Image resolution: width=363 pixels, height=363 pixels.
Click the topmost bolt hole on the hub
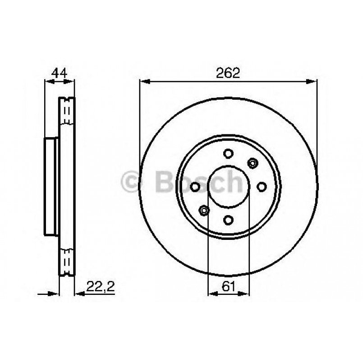228,153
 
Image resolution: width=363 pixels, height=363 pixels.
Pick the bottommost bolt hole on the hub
228,220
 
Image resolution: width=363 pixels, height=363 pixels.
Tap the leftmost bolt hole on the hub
195,186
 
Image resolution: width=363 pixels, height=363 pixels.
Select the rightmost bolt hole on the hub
262,186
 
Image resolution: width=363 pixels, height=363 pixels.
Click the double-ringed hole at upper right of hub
252,163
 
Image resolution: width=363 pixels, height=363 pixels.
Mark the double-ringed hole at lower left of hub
204,210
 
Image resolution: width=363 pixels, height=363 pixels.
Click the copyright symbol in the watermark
132,182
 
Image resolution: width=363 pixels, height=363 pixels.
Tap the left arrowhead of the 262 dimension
143,82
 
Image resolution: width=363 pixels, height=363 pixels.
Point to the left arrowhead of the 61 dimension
211,293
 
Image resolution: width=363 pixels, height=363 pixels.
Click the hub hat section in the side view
51,186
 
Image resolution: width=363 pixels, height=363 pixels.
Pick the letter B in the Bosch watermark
163,182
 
